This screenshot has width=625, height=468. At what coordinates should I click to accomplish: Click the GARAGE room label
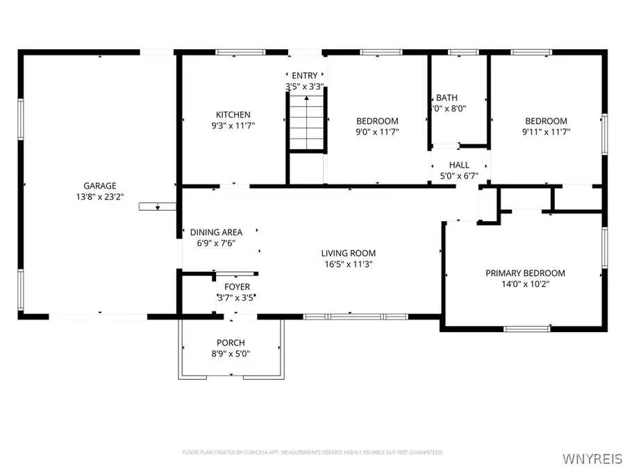point(100,185)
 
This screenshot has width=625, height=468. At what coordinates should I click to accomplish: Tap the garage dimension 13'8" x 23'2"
point(100,196)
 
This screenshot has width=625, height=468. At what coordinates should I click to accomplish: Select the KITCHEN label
point(233,114)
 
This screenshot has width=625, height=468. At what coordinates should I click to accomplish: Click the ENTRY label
point(305,76)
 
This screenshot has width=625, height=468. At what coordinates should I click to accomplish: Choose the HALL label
point(459,165)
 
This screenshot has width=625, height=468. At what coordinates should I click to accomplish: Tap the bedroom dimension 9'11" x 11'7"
point(545,131)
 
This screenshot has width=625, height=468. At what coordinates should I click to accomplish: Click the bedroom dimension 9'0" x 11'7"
point(377,131)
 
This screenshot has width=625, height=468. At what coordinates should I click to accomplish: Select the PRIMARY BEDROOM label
point(525,273)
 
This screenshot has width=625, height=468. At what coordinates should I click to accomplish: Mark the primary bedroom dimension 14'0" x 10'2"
point(525,284)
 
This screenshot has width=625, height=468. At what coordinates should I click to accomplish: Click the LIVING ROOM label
point(348,253)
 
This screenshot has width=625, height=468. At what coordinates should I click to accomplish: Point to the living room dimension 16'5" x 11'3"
point(348,264)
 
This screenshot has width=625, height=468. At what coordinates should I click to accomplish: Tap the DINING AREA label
point(216,232)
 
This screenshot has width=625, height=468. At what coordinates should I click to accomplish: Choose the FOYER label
point(237,286)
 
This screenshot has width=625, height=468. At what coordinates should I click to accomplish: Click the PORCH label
point(231,343)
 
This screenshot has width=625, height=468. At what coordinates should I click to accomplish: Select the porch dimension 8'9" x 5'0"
point(231,354)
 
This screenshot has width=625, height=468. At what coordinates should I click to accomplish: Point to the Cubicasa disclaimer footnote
point(312,452)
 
